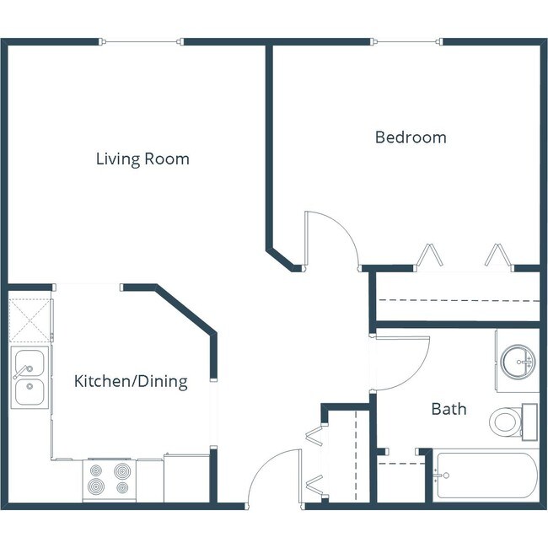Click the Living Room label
coord(142,158)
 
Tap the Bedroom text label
coord(411,137)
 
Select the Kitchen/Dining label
coord(131,382)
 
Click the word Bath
coord(449,410)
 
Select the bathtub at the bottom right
coord(485,477)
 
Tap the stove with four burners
coord(109,479)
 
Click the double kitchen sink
coord(28,378)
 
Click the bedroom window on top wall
coord(406,41)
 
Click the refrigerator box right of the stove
coord(185,479)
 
